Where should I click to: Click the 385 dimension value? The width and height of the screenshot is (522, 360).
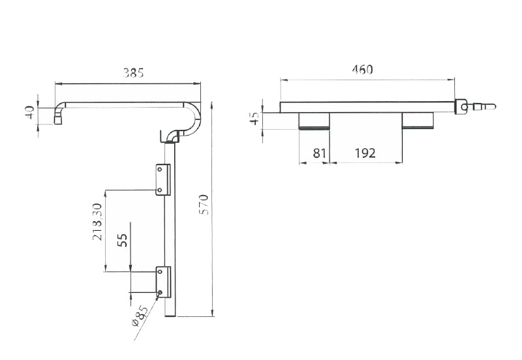pos(133,72)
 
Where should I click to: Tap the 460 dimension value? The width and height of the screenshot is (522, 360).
pos(362,69)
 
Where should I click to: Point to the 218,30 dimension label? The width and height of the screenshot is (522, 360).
pos(98,222)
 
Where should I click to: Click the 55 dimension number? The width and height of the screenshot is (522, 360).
pos(123,240)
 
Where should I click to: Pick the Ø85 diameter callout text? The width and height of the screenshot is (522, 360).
pos(140,316)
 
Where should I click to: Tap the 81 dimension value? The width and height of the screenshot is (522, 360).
pos(319,153)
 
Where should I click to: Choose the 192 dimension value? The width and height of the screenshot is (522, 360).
pos(365,153)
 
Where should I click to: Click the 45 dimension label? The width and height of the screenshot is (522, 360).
pos(254,118)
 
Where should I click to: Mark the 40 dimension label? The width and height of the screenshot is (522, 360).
pos(29,112)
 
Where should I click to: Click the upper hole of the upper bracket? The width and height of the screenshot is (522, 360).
pos(159,170)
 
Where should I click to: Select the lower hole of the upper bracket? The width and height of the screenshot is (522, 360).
pos(159,190)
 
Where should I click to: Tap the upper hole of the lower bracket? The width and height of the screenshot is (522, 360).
pos(160,271)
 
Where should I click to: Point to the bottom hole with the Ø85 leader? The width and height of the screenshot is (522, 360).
pos(160,292)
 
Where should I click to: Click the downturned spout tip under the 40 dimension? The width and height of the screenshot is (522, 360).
pos(58,120)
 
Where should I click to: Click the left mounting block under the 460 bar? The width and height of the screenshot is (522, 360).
pos(314,121)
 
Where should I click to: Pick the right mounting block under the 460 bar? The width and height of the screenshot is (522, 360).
pos(418,121)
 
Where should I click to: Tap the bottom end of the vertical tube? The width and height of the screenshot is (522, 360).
pos(170,316)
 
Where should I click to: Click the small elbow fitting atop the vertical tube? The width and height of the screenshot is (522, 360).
pos(172,136)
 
